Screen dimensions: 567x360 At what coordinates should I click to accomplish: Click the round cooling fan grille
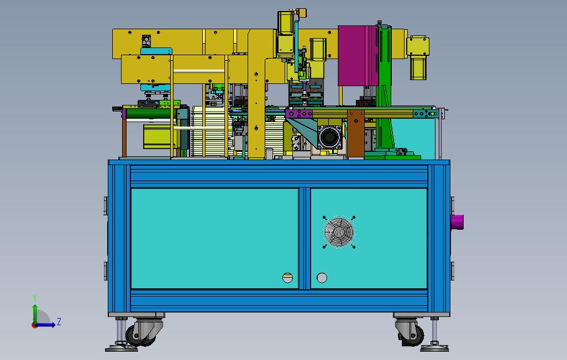point(339,232)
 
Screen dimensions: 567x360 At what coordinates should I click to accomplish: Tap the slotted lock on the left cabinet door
point(287,278)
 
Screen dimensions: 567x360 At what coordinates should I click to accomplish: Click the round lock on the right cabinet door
point(322,278)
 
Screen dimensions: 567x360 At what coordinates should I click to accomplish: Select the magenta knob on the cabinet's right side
point(457,222)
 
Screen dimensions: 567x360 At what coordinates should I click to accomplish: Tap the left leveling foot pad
point(122,348)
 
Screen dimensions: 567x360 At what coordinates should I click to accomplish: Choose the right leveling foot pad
point(435,348)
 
